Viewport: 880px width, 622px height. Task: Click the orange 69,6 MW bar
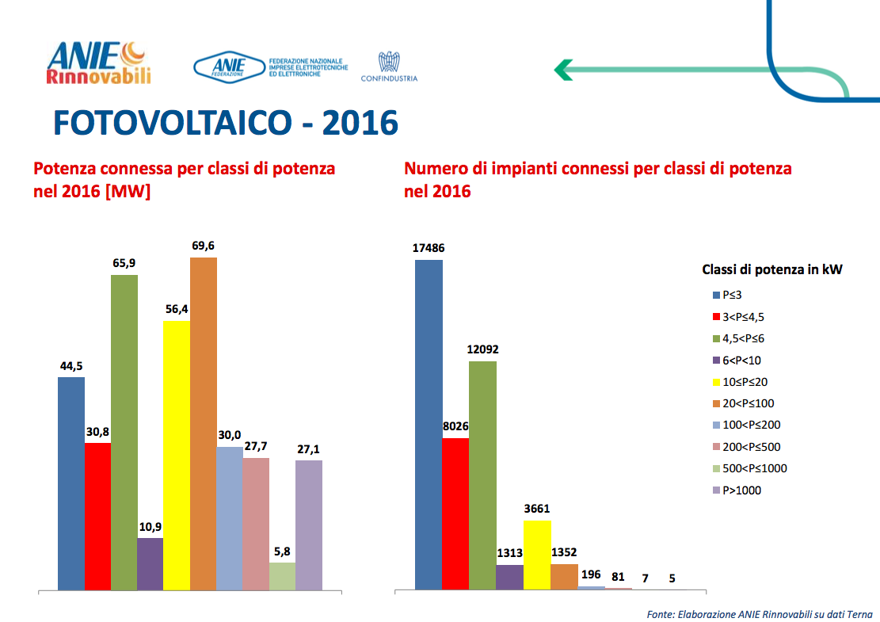(x=203, y=424)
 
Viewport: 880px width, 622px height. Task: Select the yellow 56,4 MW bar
(x=176, y=456)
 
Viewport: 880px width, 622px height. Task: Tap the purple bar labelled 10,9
(x=150, y=564)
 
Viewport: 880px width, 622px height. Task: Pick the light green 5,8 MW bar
(x=282, y=576)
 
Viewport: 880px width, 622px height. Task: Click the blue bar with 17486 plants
(x=429, y=424)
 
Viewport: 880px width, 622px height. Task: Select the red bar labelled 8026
(x=455, y=513)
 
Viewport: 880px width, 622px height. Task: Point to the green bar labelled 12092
(x=482, y=475)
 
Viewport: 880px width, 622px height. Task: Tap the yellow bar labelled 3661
(x=536, y=555)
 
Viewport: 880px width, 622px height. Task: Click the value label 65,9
(x=124, y=262)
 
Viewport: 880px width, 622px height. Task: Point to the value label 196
(x=590, y=574)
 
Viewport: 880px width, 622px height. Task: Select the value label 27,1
(x=308, y=449)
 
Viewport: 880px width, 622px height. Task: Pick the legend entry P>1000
(x=741, y=490)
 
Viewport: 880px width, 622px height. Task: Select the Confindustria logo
(x=388, y=67)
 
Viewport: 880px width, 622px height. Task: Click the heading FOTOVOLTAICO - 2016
(x=225, y=124)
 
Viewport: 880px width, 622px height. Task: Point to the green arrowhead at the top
(x=563, y=70)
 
